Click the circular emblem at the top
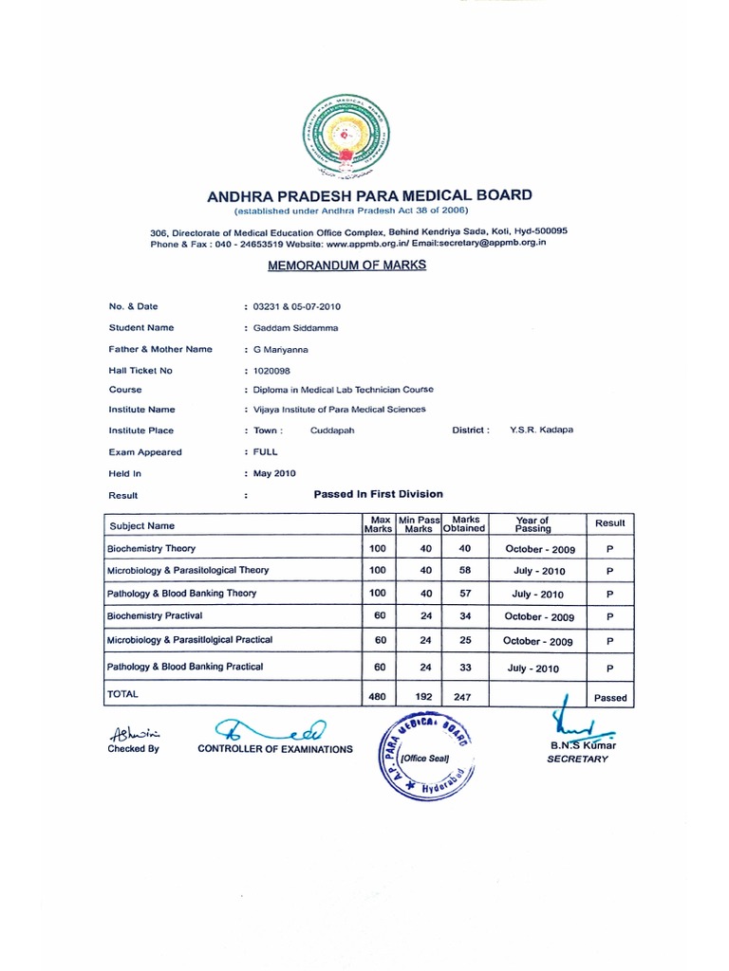346,140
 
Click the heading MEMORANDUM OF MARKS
346,266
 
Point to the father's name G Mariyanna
283,349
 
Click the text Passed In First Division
378,494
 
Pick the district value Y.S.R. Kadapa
541,430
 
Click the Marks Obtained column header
465,524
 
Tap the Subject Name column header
142,525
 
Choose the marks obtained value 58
465,571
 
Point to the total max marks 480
378,697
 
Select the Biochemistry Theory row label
151,548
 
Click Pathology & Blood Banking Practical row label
185,667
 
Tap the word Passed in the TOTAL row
610,698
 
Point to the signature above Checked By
135,732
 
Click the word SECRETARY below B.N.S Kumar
577,760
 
